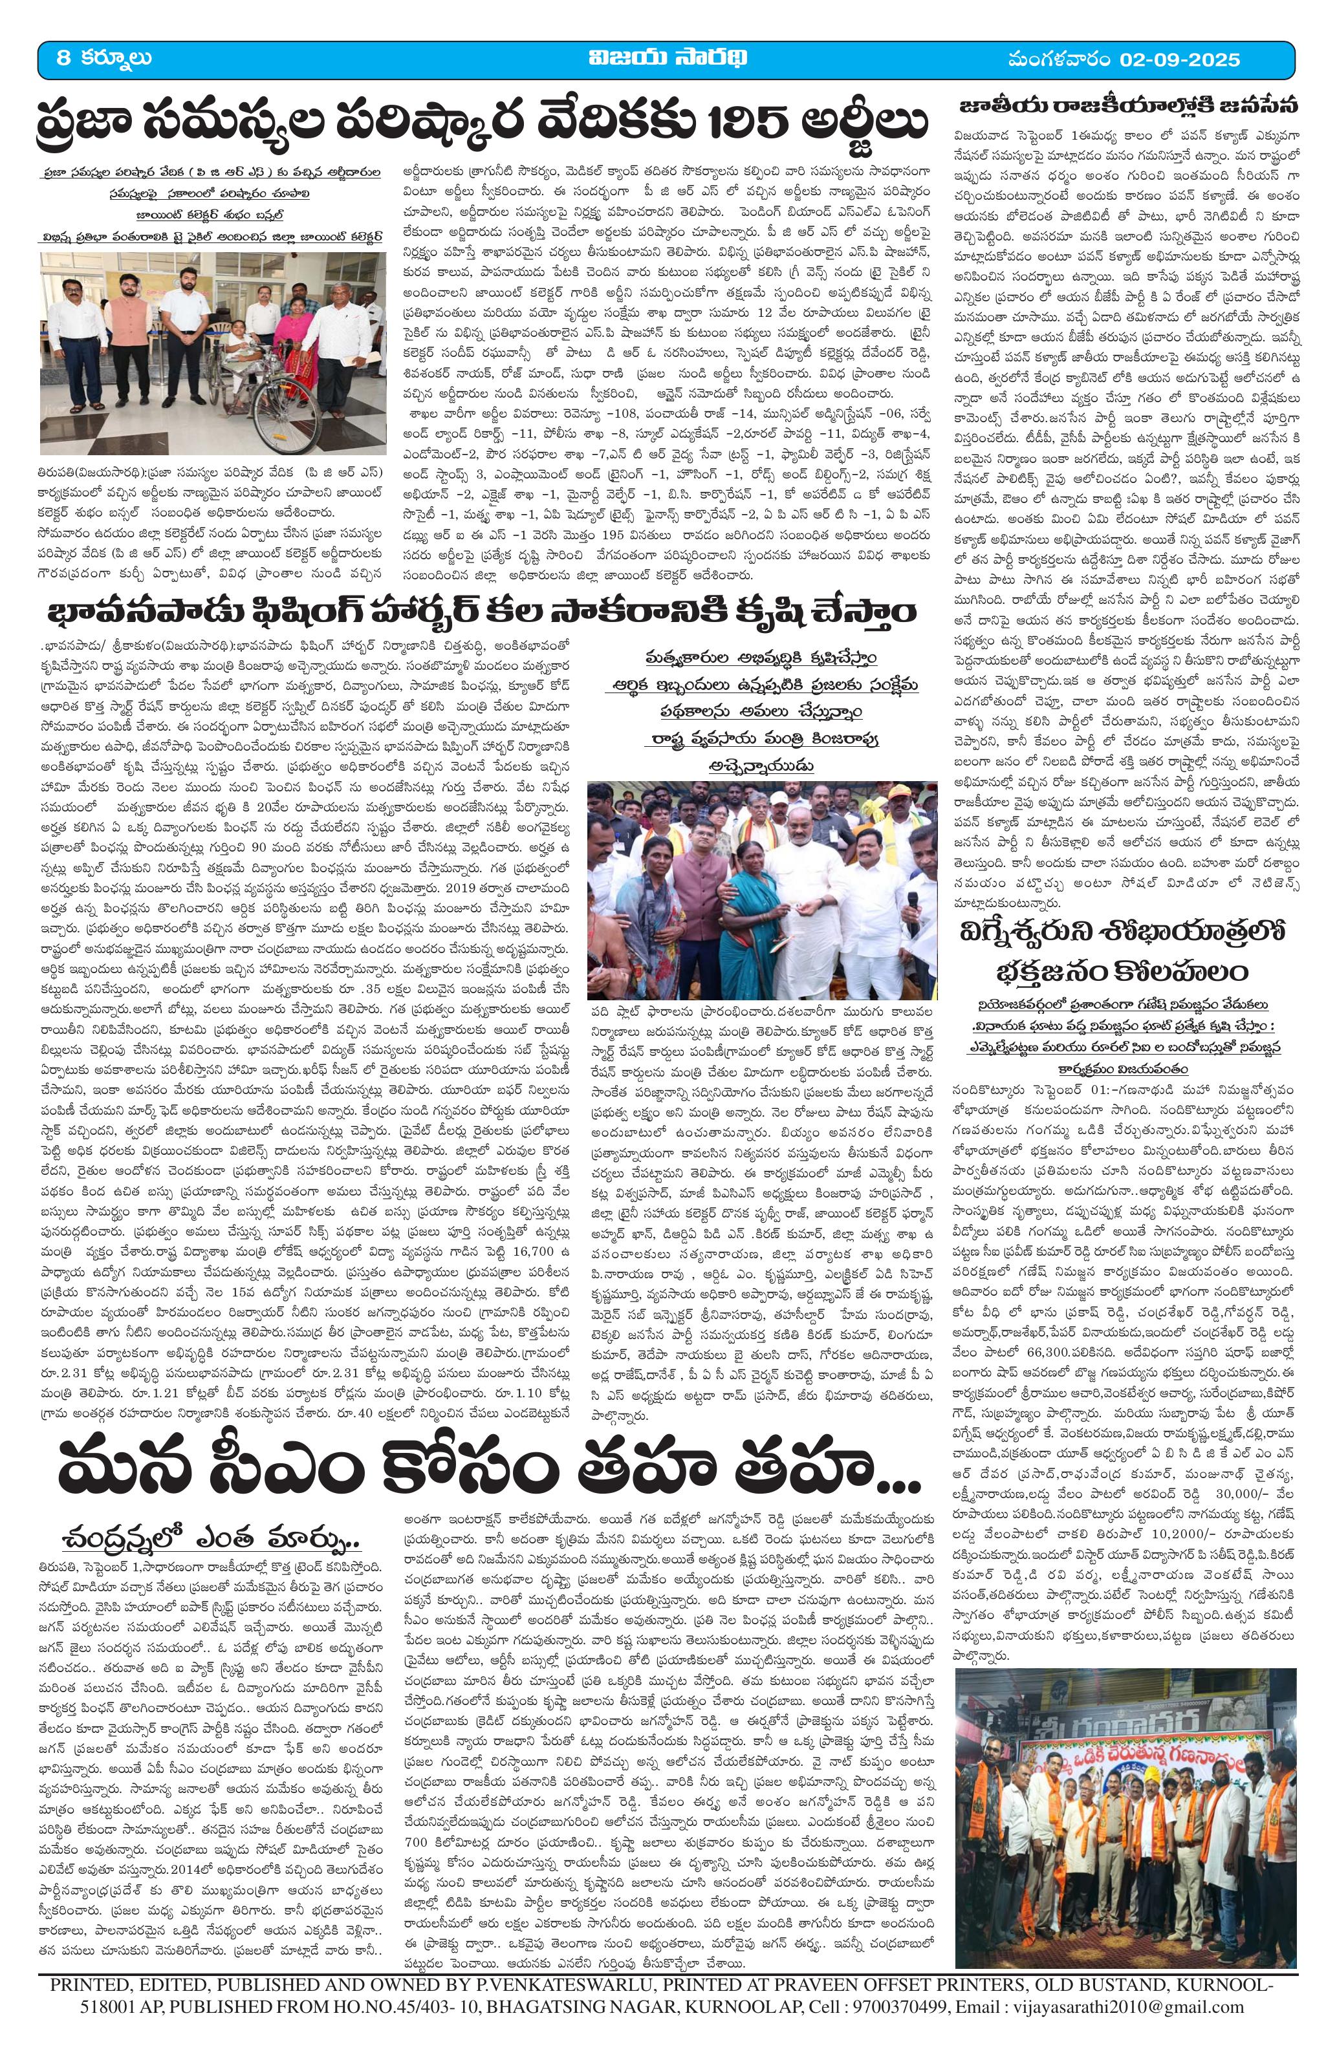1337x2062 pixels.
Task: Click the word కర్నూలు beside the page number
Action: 119,59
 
